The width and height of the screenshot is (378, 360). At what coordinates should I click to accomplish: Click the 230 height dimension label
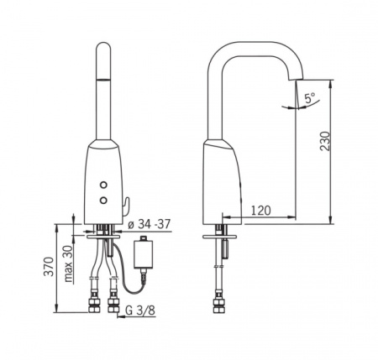[x=325, y=141]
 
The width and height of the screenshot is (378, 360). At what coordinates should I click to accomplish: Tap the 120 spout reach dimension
[x=260, y=210]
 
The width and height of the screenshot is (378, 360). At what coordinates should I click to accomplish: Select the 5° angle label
[x=310, y=98]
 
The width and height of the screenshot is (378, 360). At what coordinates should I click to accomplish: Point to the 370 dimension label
[x=49, y=266]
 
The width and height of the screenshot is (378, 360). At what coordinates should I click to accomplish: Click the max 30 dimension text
[x=69, y=263]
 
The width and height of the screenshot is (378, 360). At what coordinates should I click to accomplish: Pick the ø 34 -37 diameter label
[x=150, y=224]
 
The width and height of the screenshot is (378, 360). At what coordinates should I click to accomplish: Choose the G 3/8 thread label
[x=140, y=310]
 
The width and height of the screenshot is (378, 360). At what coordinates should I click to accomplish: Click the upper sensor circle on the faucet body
[x=103, y=185]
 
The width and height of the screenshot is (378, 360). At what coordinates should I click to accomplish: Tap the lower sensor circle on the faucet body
[x=103, y=200]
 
